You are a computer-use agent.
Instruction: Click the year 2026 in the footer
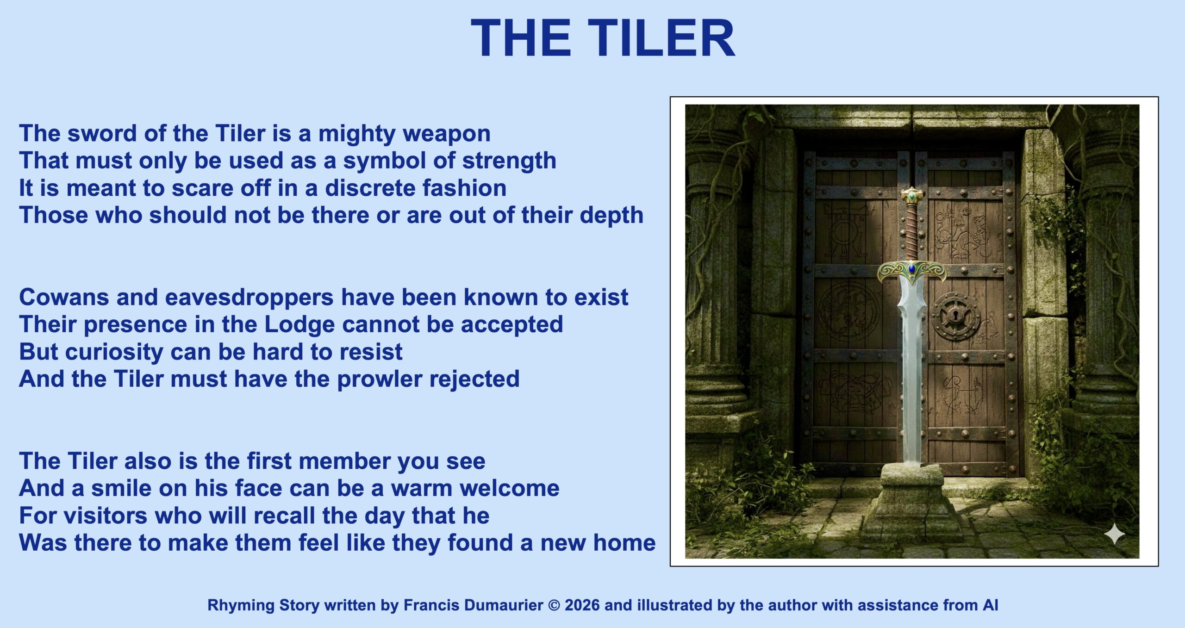click(582, 605)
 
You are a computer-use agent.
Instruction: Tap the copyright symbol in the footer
click(554, 605)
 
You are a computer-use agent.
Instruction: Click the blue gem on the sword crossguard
click(911, 268)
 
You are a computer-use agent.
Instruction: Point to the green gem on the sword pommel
click(911, 197)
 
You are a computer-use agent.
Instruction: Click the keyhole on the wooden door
click(956, 317)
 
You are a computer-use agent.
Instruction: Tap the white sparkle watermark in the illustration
click(1114, 535)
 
